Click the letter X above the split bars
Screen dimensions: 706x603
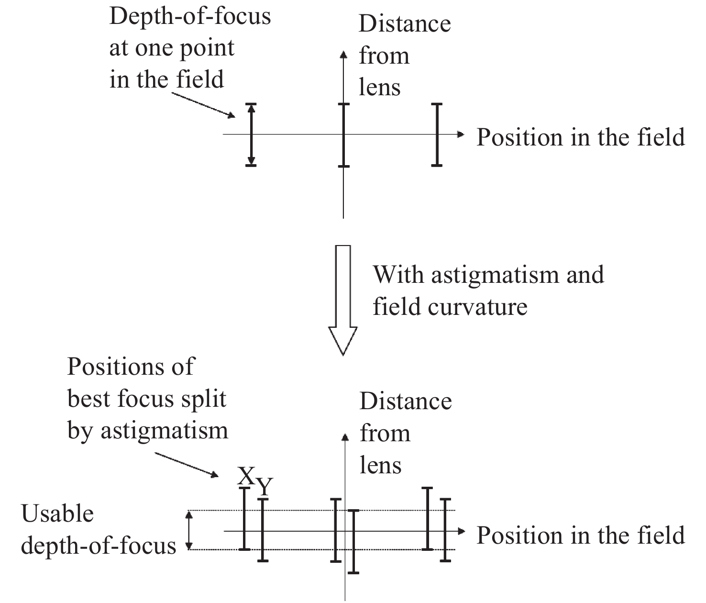click(x=246, y=476)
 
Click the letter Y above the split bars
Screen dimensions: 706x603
click(x=265, y=486)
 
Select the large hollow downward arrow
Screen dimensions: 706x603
click(x=343, y=301)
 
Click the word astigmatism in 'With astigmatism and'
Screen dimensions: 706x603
click(x=495, y=275)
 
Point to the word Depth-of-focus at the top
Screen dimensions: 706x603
click(x=190, y=17)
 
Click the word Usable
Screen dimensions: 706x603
click(x=57, y=514)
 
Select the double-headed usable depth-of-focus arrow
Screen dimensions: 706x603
click(x=189, y=530)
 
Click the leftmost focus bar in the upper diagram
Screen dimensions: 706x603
click(x=251, y=134)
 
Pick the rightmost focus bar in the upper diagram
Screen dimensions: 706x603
click(x=437, y=134)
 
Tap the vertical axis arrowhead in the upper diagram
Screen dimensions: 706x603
click(x=343, y=55)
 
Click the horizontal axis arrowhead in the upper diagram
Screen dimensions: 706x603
click(x=461, y=134)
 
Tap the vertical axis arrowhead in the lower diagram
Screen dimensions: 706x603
click(x=345, y=437)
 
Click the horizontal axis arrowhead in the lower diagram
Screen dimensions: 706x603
click(x=462, y=531)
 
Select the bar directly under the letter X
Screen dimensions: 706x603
click(x=244, y=519)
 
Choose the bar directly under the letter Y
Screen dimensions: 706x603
click(x=263, y=530)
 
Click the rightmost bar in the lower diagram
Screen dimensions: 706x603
click(x=445, y=530)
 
